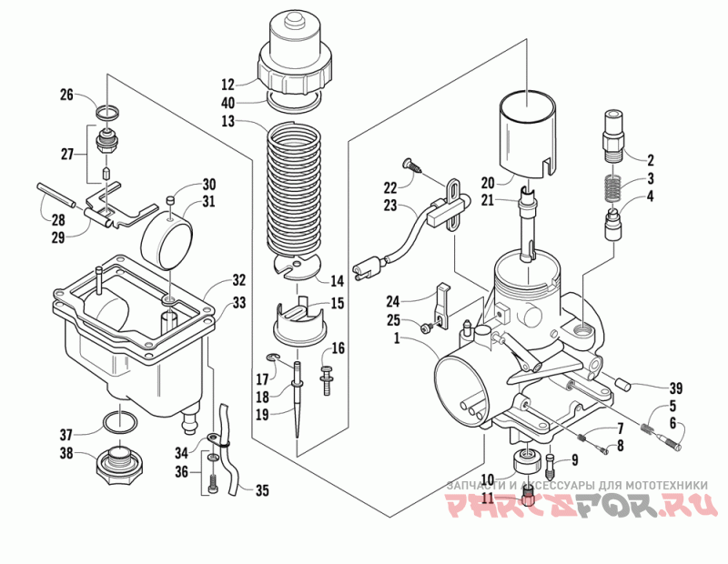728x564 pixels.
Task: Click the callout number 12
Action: click(x=228, y=85)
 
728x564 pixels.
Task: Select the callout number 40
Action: click(x=228, y=102)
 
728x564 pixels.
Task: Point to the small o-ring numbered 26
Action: click(x=107, y=112)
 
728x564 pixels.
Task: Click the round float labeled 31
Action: click(x=167, y=241)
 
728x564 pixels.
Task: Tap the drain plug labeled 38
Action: click(x=119, y=465)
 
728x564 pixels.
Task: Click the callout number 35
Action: click(x=262, y=490)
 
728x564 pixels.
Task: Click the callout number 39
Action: click(x=675, y=388)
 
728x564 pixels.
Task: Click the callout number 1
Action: click(x=397, y=338)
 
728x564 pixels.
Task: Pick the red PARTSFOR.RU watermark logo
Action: click(x=581, y=504)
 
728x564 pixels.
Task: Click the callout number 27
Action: click(x=67, y=154)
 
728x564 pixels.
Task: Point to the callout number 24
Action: click(x=393, y=301)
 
